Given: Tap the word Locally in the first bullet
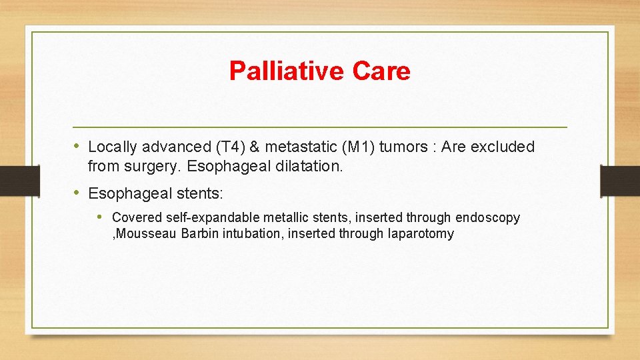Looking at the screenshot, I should coord(112,147).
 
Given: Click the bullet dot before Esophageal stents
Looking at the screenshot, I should coord(77,193).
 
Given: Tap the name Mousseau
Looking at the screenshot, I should coord(145,234).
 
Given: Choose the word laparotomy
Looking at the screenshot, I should coord(420,234).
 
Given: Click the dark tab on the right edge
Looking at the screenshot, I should coord(619,181).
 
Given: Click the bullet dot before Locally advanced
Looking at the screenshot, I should coord(77,145).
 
